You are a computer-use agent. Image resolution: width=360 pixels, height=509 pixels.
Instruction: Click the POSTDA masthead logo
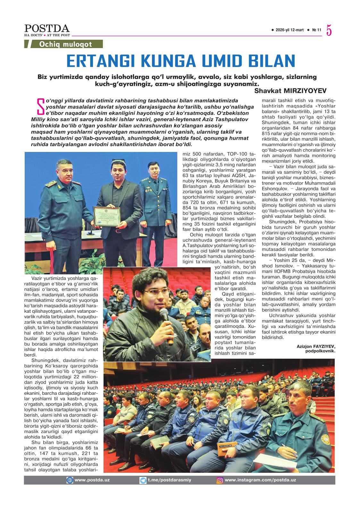[x=47, y=29]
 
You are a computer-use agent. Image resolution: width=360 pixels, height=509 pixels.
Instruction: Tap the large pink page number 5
[x=329, y=30]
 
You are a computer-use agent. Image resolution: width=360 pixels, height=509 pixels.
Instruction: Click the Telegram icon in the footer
[x=143, y=480]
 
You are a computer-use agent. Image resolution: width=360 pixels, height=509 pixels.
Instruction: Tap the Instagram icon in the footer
[x=220, y=480]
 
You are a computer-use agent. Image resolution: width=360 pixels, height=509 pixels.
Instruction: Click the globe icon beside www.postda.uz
[x=70, y=480]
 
